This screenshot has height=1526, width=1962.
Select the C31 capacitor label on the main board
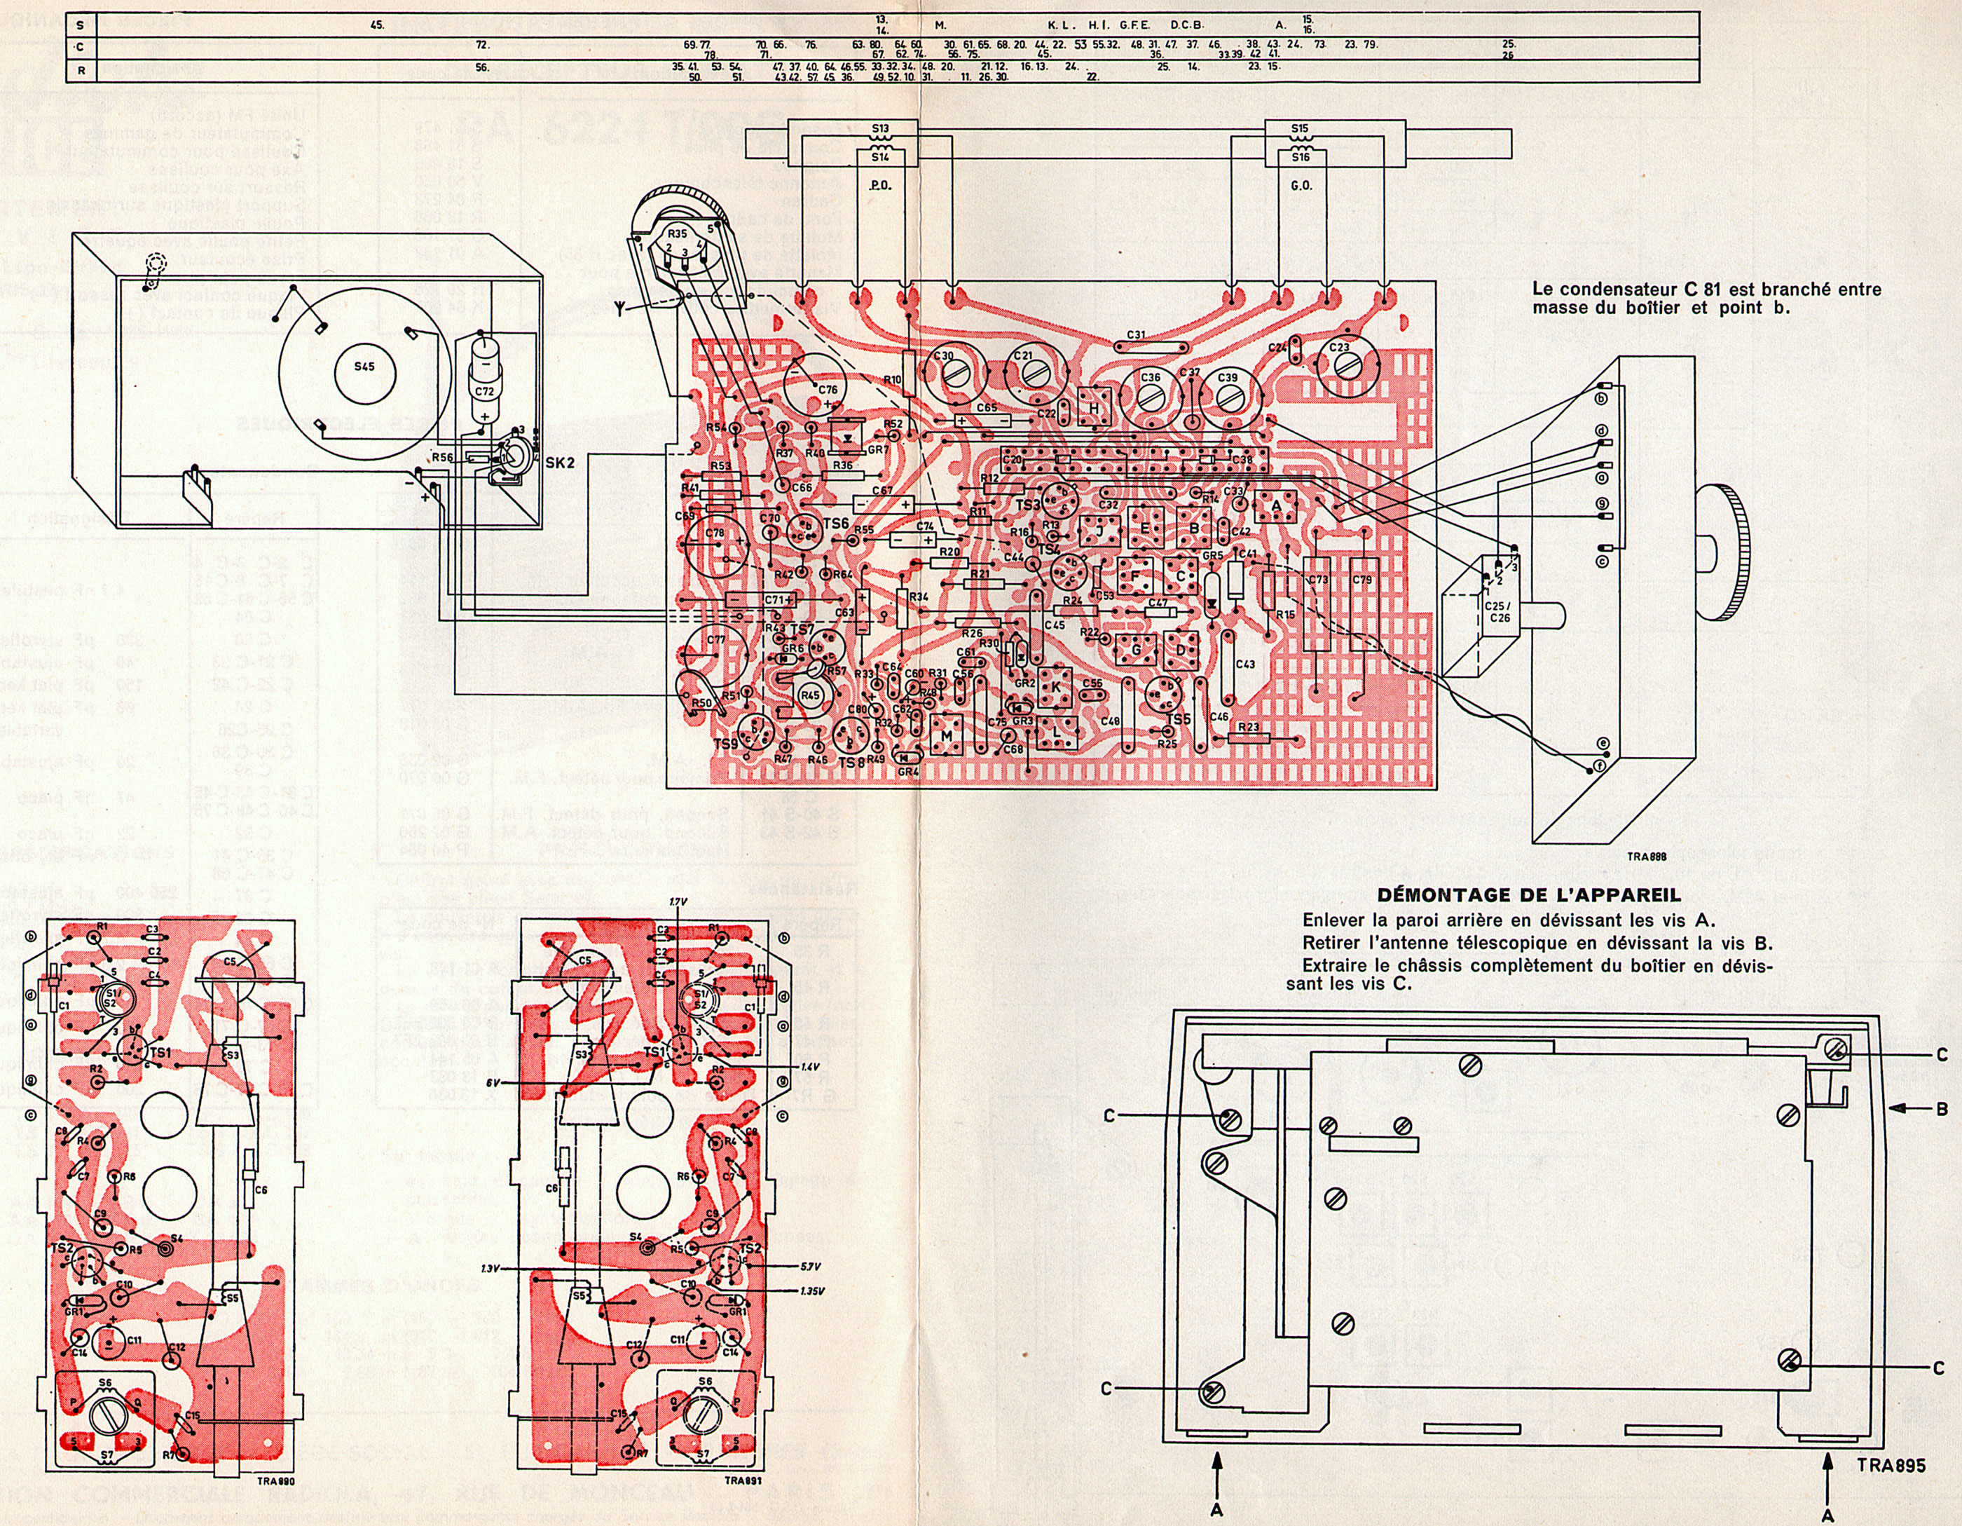click(1136, 335)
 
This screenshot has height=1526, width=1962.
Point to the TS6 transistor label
click(835, 523)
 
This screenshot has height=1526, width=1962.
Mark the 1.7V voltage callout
click(678, 901)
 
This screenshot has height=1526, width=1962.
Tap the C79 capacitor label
click(1362, 580)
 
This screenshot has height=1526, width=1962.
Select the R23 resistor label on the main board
click(1248, 727)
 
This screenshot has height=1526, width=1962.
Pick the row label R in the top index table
click(81, 69)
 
